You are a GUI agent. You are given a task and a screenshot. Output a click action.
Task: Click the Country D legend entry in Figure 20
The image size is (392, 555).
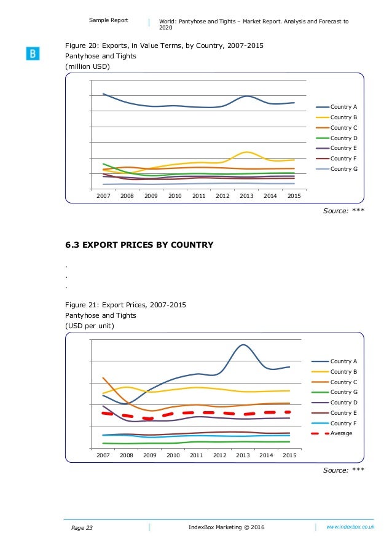(343, 138)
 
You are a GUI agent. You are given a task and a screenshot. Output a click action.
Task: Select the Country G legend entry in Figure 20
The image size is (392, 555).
(343, 168)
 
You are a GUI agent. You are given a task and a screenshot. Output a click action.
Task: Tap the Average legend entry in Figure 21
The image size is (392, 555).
(341, 433)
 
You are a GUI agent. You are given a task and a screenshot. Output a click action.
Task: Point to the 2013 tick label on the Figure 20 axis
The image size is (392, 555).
(246, 195)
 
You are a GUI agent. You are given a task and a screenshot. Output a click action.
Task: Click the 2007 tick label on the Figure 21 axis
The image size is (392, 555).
(103, 455)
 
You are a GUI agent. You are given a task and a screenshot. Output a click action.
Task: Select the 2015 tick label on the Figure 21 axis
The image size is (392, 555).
(289, 455)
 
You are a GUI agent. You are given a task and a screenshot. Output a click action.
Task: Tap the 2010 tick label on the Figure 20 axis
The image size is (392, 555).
(175, 195)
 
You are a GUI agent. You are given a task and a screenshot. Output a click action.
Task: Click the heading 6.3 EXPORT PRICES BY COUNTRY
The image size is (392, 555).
(139, 245)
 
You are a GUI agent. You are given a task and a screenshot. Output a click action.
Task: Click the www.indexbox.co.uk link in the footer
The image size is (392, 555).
(350, 527)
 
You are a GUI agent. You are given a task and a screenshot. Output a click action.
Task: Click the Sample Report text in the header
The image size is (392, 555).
(109, 20)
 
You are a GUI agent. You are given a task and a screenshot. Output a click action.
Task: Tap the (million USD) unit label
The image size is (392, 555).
(88, 66)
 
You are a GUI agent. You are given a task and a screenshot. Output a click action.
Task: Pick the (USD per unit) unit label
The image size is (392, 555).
(90, 326)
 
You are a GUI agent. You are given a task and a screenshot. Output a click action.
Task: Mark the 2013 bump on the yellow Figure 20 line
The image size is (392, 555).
(246, 152)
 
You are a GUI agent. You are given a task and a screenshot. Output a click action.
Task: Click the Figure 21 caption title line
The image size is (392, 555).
(126, 305)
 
